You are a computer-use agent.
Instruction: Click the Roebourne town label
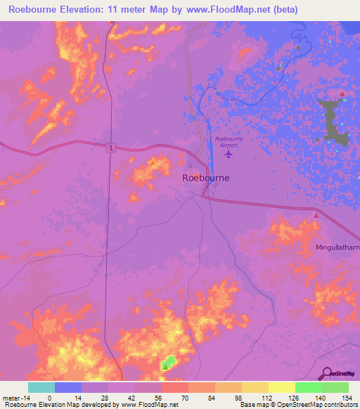(x=206, y=178)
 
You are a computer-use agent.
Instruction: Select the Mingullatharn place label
(x=337, y=249)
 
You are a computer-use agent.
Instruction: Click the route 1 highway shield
(x=110, y=148)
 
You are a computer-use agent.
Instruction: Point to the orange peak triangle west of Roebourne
(x=153, y=163)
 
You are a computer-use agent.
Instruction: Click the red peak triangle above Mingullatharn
(x=316, y=216)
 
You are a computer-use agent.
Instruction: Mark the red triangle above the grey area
(x=342, y=94)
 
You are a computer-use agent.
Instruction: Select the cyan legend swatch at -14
(x=41, y=387)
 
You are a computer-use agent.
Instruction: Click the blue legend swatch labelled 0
(x=67, y=387)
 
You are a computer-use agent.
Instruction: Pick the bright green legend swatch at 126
(x=308, y=387)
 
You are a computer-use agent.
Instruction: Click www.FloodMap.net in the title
(x=225, y=10)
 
